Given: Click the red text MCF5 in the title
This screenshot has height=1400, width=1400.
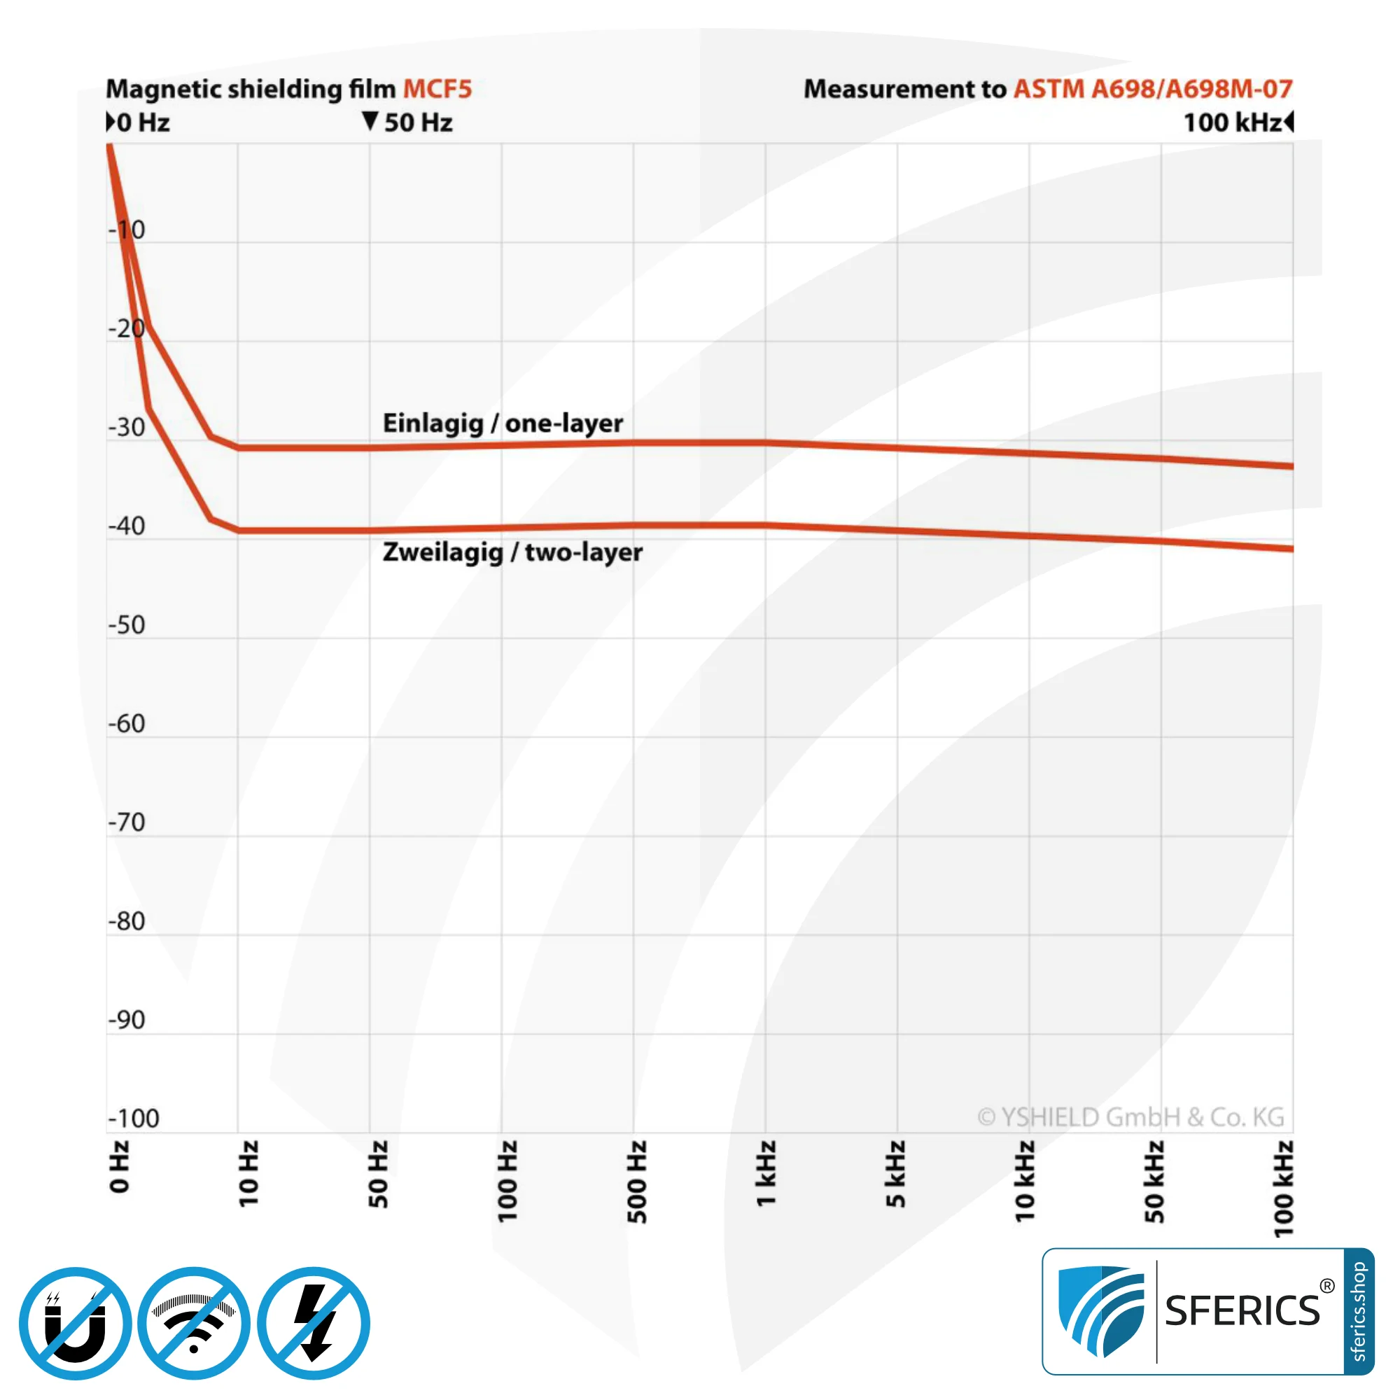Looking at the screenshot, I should (437, 89).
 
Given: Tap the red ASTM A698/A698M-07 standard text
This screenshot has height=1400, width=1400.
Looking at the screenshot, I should (1152, 89).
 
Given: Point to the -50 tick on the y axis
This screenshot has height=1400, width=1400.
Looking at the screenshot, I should (127, 624).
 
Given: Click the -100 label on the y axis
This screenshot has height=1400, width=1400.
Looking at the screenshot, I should (133, 1119).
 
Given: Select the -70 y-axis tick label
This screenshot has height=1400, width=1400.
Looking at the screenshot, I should (127, 822).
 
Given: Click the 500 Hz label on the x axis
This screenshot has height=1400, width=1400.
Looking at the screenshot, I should (637, 1181).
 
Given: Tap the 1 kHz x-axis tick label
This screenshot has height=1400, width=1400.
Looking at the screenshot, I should (766, 1174).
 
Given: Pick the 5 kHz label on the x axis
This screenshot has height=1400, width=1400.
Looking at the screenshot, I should (897, 1174).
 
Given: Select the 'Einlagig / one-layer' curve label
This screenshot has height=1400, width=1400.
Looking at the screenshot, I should (502, 423).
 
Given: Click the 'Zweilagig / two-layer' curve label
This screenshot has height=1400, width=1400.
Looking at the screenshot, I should (512, 552).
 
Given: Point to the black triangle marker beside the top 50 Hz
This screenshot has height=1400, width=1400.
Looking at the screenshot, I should (370, 121).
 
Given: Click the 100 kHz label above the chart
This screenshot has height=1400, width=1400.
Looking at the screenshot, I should (1233, 122).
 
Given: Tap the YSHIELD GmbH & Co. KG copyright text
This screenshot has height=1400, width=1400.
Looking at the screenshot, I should (1130, 1116).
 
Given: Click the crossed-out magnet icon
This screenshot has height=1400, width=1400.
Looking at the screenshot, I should (76, 1323).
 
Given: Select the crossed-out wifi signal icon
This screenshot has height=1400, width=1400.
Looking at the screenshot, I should (194, 1323).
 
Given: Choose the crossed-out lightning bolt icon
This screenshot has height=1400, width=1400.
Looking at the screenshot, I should (314, 1323).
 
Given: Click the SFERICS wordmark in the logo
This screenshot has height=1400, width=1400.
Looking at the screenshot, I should (1242, 1311).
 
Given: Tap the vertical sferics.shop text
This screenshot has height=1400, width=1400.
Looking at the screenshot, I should (1359, 1311).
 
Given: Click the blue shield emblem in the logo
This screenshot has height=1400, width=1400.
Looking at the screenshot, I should (1100, 1311).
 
